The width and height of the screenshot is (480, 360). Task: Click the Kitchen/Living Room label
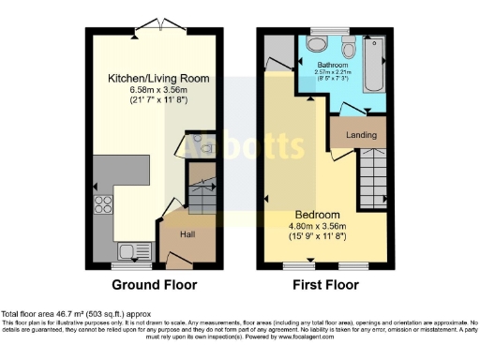click(149, 77)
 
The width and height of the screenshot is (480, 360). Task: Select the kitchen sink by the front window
click(123, 250)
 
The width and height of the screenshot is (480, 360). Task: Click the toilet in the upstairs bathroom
click(348, 49)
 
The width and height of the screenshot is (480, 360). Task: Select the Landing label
click(361, 135)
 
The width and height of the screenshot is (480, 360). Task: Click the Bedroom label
click(317, 214)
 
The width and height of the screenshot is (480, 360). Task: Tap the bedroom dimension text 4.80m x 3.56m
click(317, 225)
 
